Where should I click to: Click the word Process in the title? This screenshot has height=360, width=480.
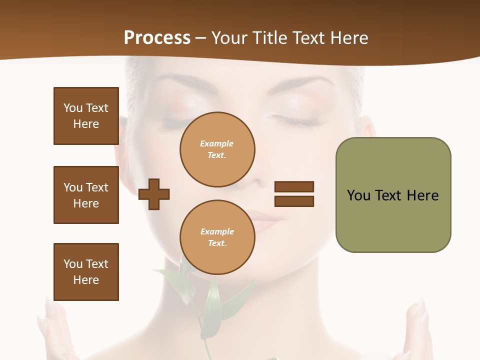tap(157, 37)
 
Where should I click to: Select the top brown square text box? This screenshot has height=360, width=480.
tap(86, 116)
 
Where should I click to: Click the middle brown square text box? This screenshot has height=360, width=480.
tap(86, 195)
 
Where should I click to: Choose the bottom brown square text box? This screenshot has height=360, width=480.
tap(86, 272)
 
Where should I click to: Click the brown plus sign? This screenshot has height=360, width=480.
tap(154, 194)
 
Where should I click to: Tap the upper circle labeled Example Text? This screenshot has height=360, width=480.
tap(217, 149)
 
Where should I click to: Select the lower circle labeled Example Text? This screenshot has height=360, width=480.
tap(217, 237)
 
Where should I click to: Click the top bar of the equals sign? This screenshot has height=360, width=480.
tap(294, 186)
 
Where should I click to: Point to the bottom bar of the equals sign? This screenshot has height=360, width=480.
tap(294, 201)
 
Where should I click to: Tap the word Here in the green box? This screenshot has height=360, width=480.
tap(422, 195)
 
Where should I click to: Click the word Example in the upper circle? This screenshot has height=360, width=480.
tap(217, 143)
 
